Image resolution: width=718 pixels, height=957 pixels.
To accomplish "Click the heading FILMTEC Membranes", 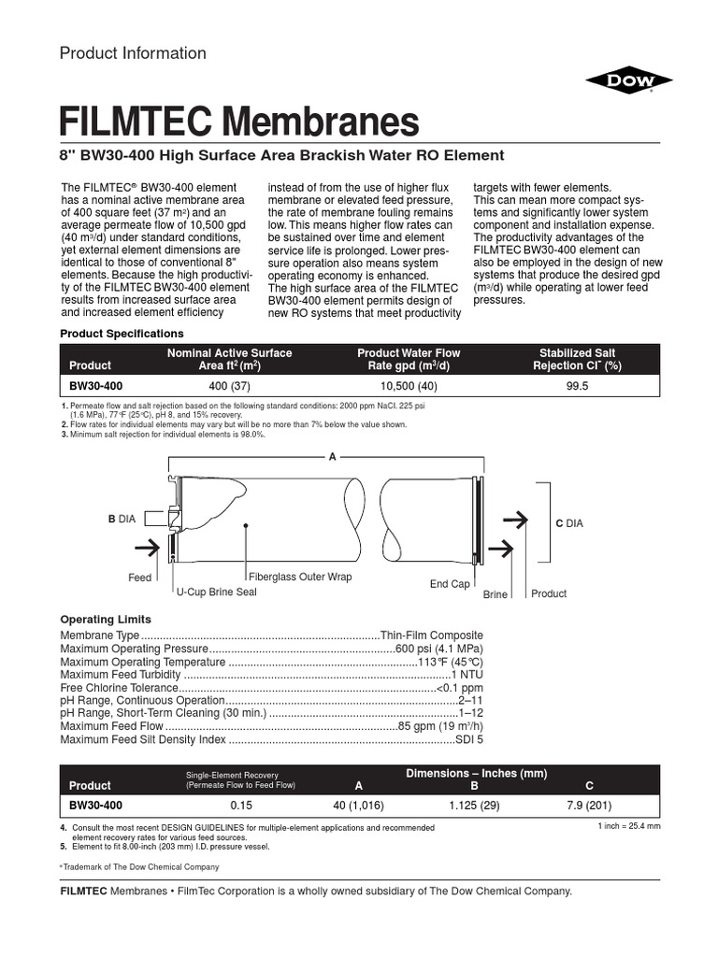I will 239,121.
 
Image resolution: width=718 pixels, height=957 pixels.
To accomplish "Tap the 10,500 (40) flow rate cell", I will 409,384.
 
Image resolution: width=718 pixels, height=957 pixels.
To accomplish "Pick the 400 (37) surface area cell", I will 228,384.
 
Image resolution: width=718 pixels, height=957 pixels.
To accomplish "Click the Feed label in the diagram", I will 139,578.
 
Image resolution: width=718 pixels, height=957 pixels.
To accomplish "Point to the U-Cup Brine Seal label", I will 216,593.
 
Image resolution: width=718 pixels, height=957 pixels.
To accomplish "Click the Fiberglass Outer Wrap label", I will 301,577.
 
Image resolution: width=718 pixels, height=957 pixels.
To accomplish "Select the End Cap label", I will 450,584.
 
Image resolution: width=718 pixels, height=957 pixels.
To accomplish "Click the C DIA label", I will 568,523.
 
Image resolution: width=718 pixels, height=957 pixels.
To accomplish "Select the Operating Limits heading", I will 106,620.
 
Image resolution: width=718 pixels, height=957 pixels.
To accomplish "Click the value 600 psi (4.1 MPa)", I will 439,649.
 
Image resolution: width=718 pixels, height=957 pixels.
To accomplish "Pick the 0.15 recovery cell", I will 241,804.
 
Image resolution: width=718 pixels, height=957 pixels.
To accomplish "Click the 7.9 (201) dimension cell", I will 588,804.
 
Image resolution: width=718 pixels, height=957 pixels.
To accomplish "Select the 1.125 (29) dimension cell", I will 473,804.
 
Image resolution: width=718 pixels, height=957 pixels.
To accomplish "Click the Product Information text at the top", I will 133,53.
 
